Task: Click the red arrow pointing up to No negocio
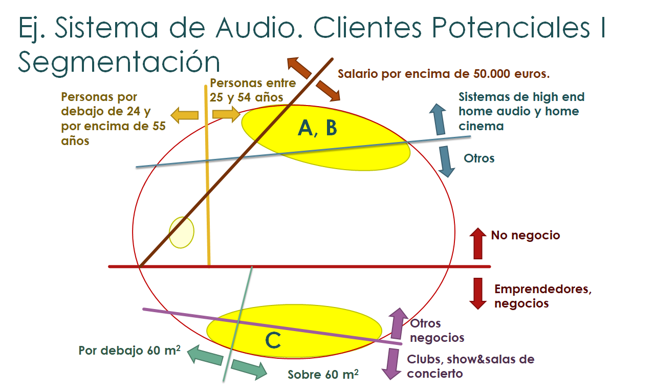tap(478, 243)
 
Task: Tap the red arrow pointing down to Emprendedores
tap(478, 293)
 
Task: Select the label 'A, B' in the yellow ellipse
tap(317, 128)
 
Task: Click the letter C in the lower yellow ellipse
tap(273, 339)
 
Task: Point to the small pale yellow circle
tap(182, 232)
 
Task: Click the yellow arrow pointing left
tap(184, 115)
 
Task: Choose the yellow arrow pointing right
tap(226, 114)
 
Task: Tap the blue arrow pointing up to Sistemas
tap(438, 119)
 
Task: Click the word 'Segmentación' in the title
tap(119, 62)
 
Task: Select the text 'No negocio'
tap(526, 235)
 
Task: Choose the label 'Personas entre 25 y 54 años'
tap(253, 90)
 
